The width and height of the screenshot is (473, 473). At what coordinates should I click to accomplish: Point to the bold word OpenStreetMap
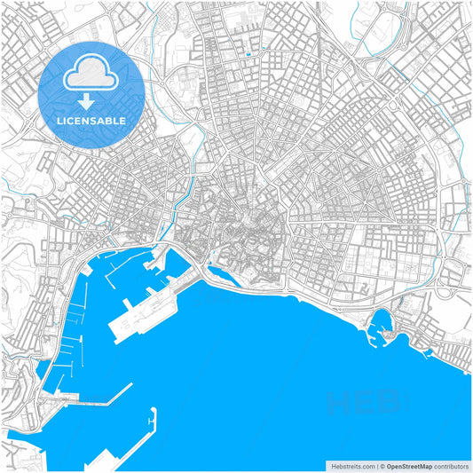click(409, 465)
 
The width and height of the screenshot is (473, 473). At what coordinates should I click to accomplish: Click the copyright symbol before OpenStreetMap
click(382, 465)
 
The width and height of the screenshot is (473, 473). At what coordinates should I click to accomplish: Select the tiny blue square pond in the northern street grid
click(248, 54)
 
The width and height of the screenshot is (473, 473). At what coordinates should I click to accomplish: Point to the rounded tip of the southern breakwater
click(154, 411)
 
